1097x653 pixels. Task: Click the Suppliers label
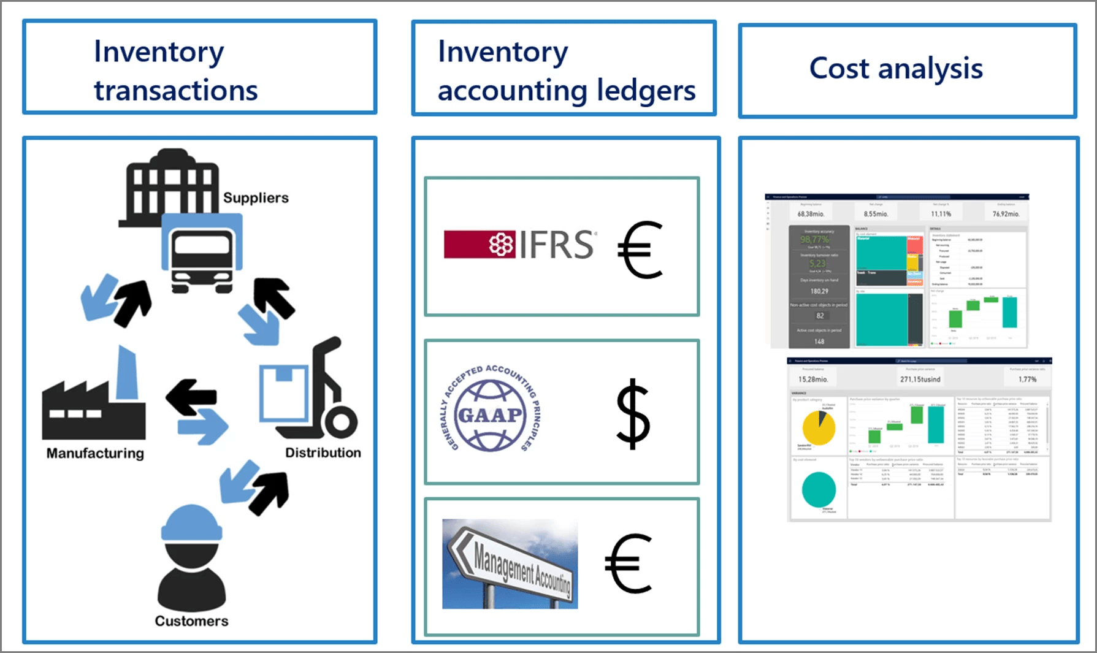pyautogui.click(x=256, y=197)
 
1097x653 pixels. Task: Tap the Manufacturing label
pyautogui.click(x=95, y=453)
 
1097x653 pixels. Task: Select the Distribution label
pyautogui.click(x=323, y=453)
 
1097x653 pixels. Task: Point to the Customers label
pyautogui.click(x=191, y=621)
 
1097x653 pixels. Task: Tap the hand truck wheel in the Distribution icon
pyautogui.click(x=339, y=421)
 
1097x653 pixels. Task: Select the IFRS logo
pyautogui.click(x=519, y=245)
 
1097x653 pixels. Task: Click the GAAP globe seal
pyautogui.click(x=490, y=415)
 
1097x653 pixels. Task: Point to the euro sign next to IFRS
pyautogui.click(x=640, y=250)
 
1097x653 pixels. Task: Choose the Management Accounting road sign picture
pyautogui.click(x=510, y=564)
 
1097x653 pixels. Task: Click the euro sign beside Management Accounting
pyautogui.click(x=629, y=563)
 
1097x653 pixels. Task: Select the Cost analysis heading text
pyautogui.click(x=896, y=68)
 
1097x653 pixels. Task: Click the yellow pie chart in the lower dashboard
pyautogui.click(x=819, y=427)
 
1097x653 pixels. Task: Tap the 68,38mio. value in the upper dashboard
pyautogui.click(x=811, y=214)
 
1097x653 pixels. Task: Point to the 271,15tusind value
pyautogui.click(x=920, y=380)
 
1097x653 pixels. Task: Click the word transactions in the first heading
pyautogui.click(x=176, y=90)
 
